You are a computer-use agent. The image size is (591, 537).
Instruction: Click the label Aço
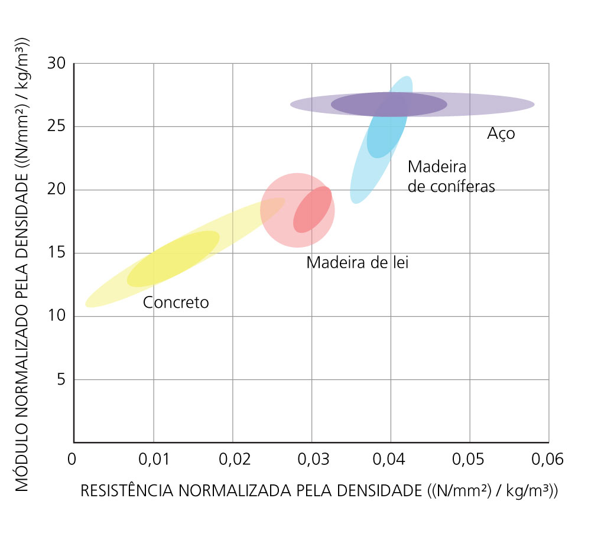(501, 134)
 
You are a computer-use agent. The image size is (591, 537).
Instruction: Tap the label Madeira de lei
(357, 263)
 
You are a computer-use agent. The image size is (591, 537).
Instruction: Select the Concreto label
(176, 302)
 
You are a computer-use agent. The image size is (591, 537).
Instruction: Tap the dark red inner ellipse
(313, 209)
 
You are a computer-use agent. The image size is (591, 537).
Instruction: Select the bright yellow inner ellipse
(173, 259)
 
